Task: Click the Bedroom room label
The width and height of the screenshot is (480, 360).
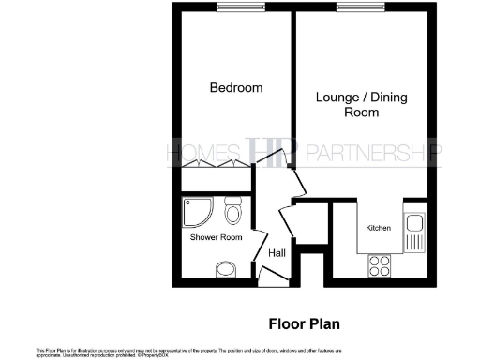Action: point(235,88)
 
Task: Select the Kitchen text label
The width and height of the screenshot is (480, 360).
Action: point(378,229)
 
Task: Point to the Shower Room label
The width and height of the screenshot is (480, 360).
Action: point(217,238)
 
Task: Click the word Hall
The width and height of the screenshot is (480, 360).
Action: point(277,253)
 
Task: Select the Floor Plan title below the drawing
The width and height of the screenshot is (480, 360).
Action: point(303,324)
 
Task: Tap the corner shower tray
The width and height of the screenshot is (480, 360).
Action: point(194,213)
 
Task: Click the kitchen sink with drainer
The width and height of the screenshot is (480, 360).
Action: point(414,232)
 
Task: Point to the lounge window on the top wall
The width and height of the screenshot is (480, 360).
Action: point(354,8)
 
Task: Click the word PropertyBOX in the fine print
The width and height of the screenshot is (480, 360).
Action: point(154,355)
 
